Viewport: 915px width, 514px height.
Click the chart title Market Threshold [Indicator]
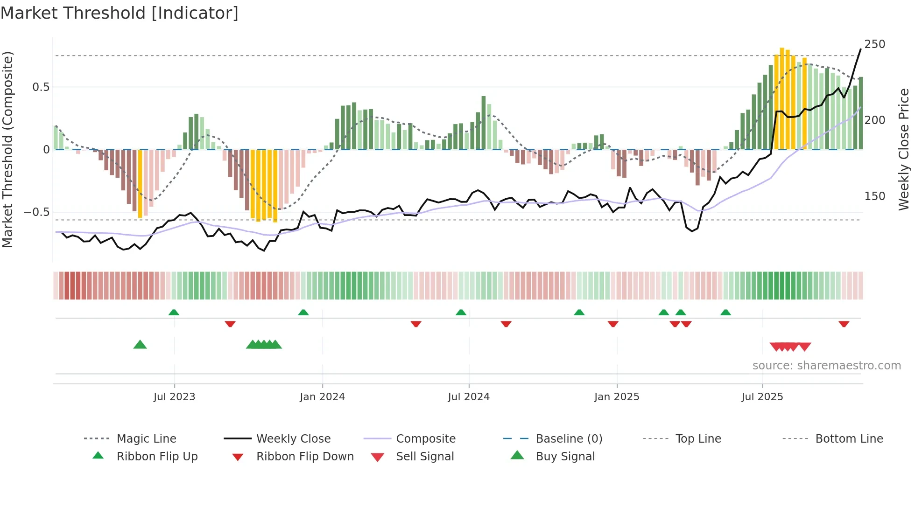(x=120, y=13)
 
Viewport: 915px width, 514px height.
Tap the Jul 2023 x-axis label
(x=174, y=397)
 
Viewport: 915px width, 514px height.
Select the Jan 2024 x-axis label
(x=322, y=397)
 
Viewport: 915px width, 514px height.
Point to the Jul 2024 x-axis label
(x=469, y=397)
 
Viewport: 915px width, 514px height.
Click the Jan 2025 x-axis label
(x=617, y=397)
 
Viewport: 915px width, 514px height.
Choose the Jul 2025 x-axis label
(x=762, y=397)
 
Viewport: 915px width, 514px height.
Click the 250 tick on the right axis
(x=874, y=44)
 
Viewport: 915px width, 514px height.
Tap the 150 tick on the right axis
(x=874, y=196)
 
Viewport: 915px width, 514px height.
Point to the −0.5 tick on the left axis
(x=37, y=212)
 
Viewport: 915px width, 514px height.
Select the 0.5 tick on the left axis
(x=41, y=87)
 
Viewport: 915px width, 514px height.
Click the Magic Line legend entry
(x=146, y=439)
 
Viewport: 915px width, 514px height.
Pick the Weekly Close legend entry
(x=293, y=439)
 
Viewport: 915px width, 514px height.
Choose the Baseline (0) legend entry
(x=569, y=439)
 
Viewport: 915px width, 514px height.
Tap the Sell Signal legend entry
(x=424, y=457)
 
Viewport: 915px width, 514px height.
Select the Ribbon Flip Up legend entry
(x=157, y=457)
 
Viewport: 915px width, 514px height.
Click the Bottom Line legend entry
(x=849, y=439)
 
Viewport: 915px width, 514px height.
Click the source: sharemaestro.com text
(x=826, y=366)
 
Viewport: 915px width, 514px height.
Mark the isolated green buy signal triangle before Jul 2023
(x=140, y=345)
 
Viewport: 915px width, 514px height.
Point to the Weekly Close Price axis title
(x=904, y=149)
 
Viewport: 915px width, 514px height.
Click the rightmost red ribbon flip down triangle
(x=844, y=324)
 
